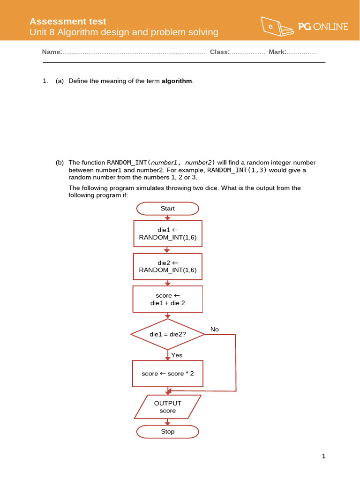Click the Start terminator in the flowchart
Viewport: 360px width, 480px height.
coord(168,209)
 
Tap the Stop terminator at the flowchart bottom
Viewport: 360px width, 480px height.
coord(168,432)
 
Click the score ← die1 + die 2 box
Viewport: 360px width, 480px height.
coord(168,299)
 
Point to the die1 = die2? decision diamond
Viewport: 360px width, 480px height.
coord(168,334)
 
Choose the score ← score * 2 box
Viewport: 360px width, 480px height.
coord(168,374)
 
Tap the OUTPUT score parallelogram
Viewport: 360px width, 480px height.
coord(168,407)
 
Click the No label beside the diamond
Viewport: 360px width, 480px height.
coord(215,330)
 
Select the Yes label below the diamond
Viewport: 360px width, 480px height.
coord(177,355)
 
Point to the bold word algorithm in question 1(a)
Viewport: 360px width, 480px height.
coord(177,81)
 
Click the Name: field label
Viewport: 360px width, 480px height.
coord(52,52)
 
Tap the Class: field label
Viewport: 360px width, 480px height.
coord(220,52)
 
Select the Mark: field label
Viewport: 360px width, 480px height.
coord(277,52)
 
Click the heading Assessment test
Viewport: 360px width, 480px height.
coord(68,22)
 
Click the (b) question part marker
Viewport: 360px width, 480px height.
coord(60,163)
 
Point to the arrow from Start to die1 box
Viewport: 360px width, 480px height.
coord(168,217)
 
